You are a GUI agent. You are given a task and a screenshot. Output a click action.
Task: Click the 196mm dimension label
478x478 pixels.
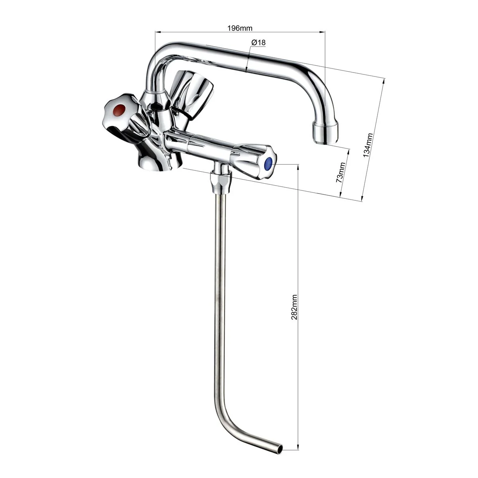coord(240,28)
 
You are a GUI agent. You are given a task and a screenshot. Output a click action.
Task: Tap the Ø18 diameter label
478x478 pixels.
coord(258,43)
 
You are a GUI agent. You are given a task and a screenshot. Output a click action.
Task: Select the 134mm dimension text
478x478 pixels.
coord(368,145)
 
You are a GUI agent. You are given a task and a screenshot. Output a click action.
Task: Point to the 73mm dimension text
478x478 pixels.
coord(340,172)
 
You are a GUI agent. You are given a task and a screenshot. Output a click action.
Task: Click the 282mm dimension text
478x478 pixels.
coord(294,307)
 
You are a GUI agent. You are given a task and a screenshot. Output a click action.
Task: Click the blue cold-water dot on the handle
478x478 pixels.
coord(268,163)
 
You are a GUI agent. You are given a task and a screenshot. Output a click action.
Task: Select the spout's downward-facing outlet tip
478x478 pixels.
coord(325,133)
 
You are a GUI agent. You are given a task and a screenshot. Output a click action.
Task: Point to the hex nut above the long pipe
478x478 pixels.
coord(221,183)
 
